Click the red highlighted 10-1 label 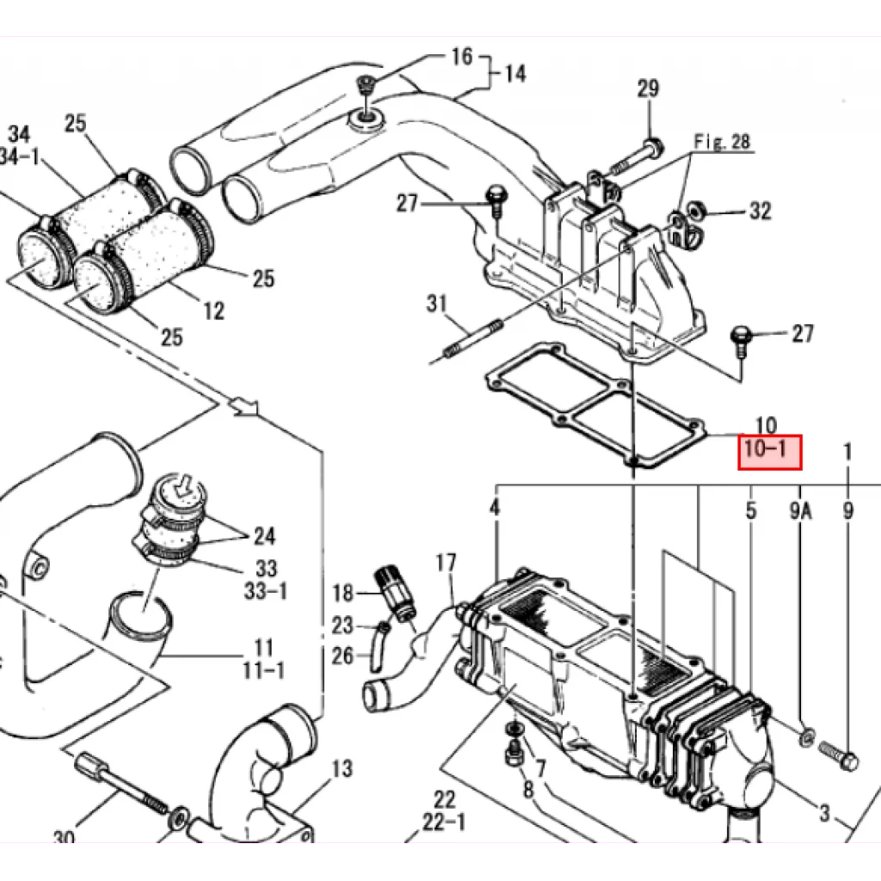tap(769, 452)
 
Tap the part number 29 tap(648, 89)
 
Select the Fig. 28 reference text tap(722, 142)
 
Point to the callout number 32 tap(761, 211)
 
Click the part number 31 tap(436, 304)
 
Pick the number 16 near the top tap(462, 56)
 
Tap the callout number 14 tap(515, 74)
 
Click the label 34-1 tap(20, 157)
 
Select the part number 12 tap(213, 311)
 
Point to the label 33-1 tap(265, 591)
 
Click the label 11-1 tap(263, 670)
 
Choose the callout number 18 tap(342, 594)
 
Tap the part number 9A tap(801, 511)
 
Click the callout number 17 tap(447, 563)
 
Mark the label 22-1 tap(444, 822)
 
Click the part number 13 tap(342, 768)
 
